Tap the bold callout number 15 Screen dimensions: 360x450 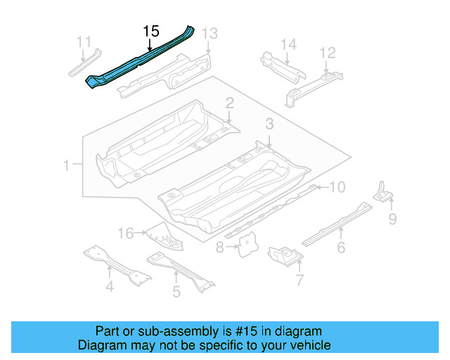pos(151,32)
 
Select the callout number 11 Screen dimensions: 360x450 pos(84,41)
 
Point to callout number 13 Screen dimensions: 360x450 pos(210,34)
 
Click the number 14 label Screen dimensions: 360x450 pos(289,45)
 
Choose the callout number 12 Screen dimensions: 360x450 pos(328,53)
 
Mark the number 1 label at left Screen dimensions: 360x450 pos(66,166)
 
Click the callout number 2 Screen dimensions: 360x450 pos(229,104)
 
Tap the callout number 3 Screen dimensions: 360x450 pos(269,124)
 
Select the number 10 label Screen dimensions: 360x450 pos(337,187)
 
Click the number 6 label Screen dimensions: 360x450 pos(341,247)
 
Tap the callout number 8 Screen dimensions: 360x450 pos(219,247)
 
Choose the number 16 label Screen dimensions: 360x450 pos(125,233)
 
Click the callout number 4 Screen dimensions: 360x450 pos(110,286)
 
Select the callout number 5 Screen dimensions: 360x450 pos(176,290)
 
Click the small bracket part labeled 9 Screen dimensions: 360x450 pos(382,191)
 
